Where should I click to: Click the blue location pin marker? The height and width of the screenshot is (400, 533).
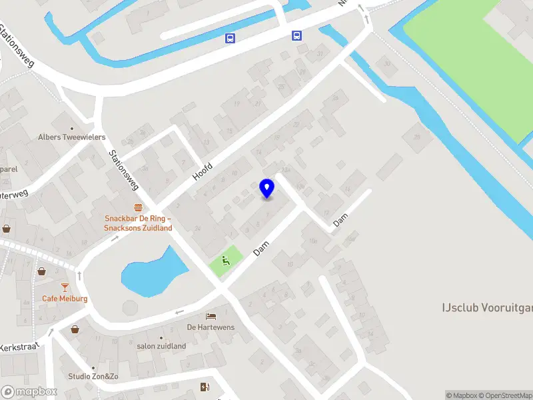tap(266, 188)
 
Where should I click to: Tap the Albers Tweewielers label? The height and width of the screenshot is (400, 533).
tap(71, 137)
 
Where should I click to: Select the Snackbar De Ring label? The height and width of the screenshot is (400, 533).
tap(138, 223)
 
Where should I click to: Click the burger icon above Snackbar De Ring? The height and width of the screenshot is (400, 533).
tap(138, 207)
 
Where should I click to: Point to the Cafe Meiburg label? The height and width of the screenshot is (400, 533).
tap(65, 299)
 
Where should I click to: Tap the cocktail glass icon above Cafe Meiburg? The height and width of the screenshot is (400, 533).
tap(65, 287)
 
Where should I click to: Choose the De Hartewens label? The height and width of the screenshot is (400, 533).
tap(211, 327)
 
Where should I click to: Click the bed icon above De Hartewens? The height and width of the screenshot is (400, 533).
tap(211, 316)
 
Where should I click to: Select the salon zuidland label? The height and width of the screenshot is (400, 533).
tap(161, 346)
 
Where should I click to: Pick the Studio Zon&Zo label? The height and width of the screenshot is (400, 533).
tap(93, 377)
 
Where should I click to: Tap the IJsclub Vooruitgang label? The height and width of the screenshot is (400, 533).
tap(486, 307)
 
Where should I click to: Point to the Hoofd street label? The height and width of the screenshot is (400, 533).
tap(203, 171)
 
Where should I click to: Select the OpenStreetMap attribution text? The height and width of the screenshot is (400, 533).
tap(503, 395)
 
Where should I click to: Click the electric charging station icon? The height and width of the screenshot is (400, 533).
tap(205, 387)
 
